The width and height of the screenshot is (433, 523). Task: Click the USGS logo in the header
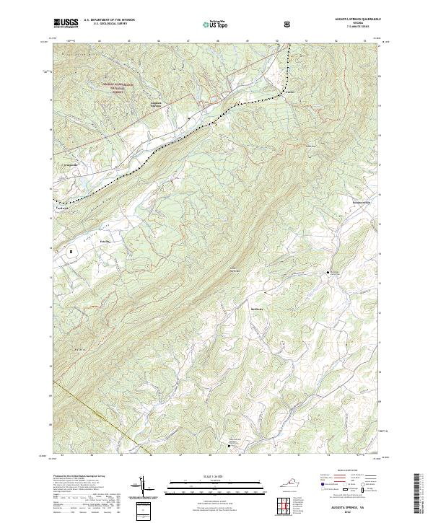tap(66, 23)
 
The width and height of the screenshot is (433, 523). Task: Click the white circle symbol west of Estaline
tap(71, 252)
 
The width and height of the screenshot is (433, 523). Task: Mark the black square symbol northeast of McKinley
tap(328, 272)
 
